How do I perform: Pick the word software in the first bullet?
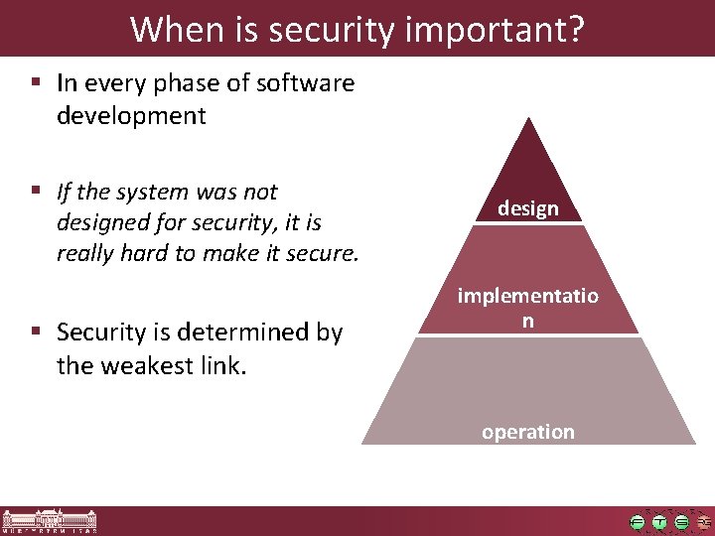[305, 83]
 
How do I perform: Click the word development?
[131, 116]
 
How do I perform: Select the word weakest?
[145, 365]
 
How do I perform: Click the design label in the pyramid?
[528, 208]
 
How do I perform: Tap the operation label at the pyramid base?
[528, 432]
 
